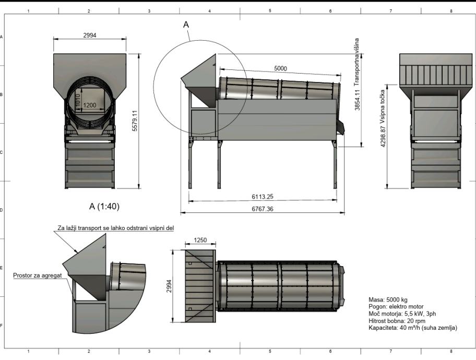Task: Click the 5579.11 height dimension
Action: [135, 121]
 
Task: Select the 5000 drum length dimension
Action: [280, 68]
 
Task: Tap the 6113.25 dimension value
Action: [263, 197]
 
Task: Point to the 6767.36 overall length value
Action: [263, 209]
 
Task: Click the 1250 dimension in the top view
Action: [200, 240]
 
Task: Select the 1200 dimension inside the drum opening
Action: [90, 105]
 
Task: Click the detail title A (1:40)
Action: [104, 207]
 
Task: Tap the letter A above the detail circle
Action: [186, 25]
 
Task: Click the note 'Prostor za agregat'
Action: [38, 275]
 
